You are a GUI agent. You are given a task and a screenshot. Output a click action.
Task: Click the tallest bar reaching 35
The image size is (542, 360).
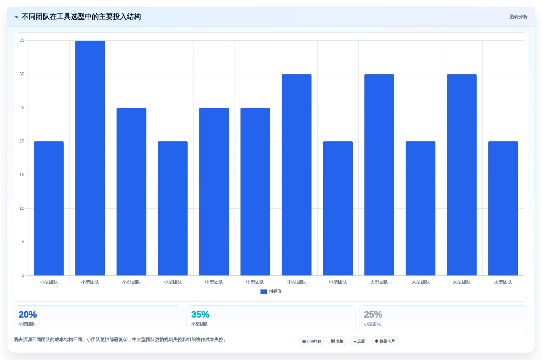(x=90, y=158)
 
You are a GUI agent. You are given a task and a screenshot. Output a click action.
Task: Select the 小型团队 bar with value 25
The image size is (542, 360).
(x=131, y=192)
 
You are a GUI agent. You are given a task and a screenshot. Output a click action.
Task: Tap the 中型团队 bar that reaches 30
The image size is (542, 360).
(x=296, y=175)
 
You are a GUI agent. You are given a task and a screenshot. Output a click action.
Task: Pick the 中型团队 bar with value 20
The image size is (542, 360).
(x=338, y=208)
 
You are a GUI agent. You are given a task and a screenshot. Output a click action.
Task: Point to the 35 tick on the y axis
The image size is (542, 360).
(x=22, y=40)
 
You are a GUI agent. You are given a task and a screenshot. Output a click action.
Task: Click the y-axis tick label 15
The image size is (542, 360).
(x=22, y=174)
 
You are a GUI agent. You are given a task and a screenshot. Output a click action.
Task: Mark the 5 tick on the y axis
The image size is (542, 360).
(x=23, y=242)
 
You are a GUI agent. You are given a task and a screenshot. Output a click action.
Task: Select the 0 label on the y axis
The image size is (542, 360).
(x=23, y=275)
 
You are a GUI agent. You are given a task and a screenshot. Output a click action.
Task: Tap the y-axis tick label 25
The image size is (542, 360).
(x=22, y=107)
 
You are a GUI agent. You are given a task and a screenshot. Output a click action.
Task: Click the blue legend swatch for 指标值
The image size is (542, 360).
(x=264, y=292)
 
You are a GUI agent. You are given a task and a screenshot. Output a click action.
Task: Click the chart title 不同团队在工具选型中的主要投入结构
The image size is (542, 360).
(x=81, y=17)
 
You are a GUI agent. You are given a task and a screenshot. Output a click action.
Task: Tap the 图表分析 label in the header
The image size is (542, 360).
(x=518, y=17)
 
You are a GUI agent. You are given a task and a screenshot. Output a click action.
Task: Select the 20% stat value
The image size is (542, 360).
(x=28, y=314)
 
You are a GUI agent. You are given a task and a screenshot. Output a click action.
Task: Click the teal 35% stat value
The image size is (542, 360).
(x=200, y=314)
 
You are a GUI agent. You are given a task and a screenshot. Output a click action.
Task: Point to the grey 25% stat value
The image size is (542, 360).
(x=373, y=314)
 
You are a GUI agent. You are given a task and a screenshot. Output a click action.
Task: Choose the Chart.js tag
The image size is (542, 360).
(x=312, y=341)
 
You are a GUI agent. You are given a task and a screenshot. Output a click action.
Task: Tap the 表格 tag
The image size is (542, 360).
(x=337, y=341)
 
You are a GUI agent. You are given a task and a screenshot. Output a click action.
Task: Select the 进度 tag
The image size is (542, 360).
(x=359, y=341)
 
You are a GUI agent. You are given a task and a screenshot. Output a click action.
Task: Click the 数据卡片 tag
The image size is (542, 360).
(x=385, y=341)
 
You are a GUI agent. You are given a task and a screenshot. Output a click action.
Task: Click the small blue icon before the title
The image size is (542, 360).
(x=16, y=17)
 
